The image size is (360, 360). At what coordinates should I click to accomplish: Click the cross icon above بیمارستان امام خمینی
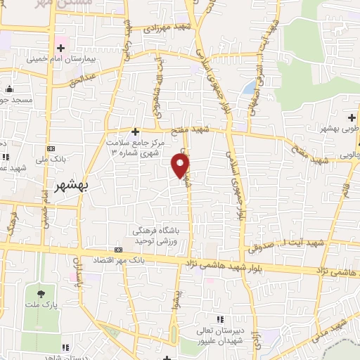tap(62, 49)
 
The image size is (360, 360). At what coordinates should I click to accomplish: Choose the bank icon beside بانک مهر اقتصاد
tap(118, 250)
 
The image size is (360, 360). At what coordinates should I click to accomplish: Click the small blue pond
tap(249, 87)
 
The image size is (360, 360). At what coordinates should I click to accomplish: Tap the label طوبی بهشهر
tap(336, 128)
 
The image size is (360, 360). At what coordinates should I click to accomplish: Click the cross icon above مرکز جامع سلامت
tap(136, 131)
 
